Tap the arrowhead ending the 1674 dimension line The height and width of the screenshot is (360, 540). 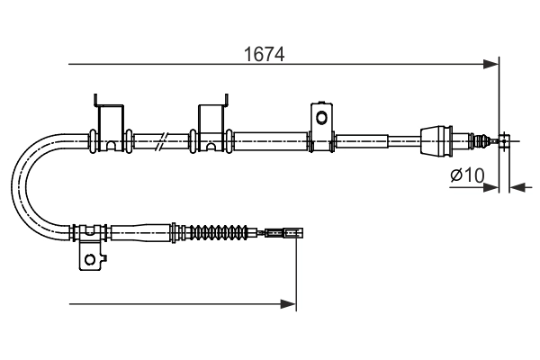point(491,64)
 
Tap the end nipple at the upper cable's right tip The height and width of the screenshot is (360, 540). point(506,140)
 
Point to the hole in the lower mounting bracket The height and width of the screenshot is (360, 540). point(89,260)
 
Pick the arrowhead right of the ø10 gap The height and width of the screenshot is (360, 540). point(516,187)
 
